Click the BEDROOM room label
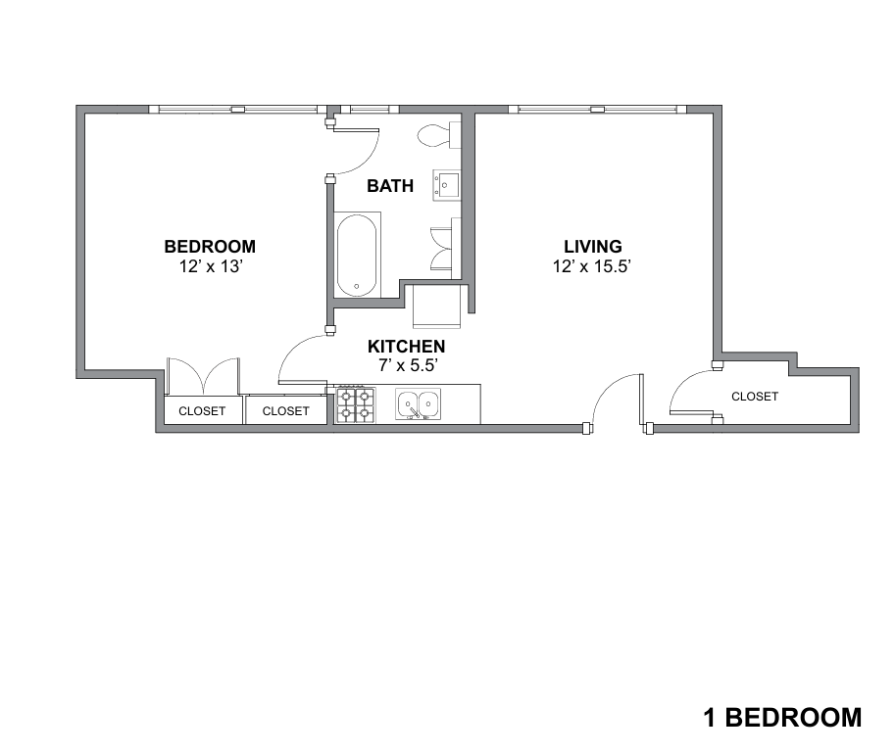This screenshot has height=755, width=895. click(x=210, y=247)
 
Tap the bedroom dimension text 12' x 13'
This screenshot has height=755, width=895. click(x=211, y=266)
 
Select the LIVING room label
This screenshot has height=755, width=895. click(x=593, y=247)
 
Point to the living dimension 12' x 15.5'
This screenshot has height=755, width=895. click(x=591, y=266)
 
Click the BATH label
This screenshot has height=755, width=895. click(x=390, y=185)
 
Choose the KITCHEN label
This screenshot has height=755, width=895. click(x=406, y=346)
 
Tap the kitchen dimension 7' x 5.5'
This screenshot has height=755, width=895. click(x=408, y=365)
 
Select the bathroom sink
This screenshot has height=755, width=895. click(x=446, y=185)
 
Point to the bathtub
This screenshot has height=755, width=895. click(x=357, y=255)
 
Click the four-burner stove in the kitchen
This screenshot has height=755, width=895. click(x=356, y=404)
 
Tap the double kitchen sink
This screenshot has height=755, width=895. click(x=418, y=404)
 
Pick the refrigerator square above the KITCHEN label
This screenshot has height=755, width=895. click(x=436, y=307)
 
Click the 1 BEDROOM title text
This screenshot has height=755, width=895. click(x=782, y=718)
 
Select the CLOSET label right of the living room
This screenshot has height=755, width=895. click(x=755, y=397)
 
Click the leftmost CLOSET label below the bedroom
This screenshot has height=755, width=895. click(x=202, y=411)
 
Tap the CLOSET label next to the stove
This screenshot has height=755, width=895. click(x=286, y=411)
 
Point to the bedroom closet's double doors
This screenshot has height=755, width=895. click(x=203, y=376)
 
